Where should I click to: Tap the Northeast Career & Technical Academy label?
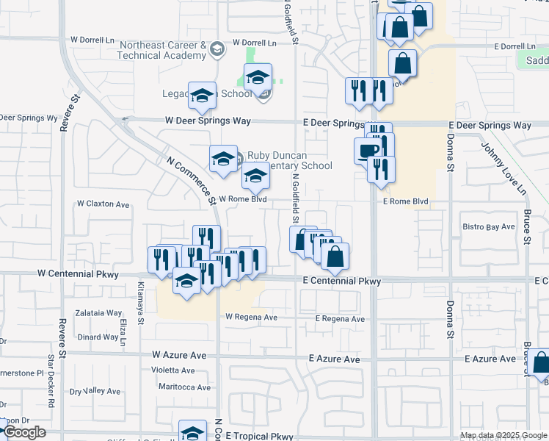point(163,50)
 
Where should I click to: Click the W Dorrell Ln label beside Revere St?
point(95,40)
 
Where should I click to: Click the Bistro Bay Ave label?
point(490,227)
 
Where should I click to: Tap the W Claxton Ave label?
point(103,204)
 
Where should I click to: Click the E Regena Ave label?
point(340,319)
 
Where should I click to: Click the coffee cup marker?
point(368,151)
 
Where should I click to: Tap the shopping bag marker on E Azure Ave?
point(541,362)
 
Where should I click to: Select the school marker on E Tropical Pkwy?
point(192,432)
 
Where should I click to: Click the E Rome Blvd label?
point(405,201)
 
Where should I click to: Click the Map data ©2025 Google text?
point(503,435)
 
